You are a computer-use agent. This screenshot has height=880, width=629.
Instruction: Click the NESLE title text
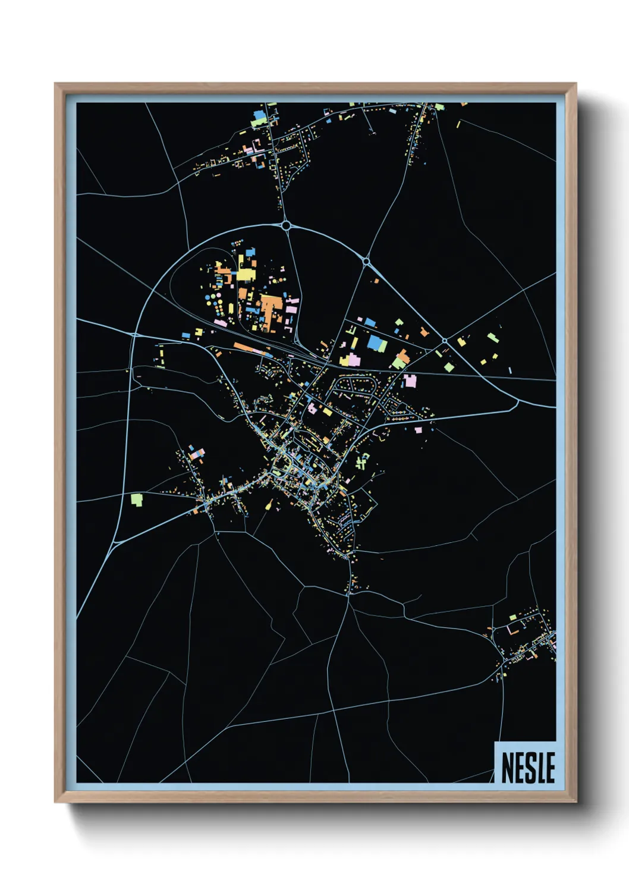tap(528, 767)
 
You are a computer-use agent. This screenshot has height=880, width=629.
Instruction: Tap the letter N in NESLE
tap(508, 767)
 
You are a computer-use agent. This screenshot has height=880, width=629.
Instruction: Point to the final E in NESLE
tap(550, 767)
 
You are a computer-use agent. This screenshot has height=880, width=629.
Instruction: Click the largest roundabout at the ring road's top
tap(286, 225)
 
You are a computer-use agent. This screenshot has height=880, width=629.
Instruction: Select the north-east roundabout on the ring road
tap(366, 261)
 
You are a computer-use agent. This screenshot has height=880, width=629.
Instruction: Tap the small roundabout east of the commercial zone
tap(444, 341)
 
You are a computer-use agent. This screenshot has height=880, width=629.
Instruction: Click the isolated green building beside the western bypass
tap(137, 499)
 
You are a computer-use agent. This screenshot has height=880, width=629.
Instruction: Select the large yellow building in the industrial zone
tap(245, 275)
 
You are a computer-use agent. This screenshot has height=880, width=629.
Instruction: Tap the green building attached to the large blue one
tap(384, 345)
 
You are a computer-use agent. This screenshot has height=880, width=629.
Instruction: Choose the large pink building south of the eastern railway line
tap(410, 380)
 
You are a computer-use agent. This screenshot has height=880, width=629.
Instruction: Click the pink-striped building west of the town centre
tap(197, 455)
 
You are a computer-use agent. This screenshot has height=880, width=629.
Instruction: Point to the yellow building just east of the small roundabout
tap(461, 342)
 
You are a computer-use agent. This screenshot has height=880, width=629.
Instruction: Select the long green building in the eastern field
tap(492, 338)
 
